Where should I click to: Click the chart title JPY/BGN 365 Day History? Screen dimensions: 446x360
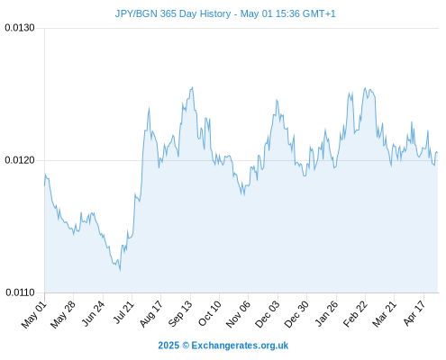(x=173, y=13)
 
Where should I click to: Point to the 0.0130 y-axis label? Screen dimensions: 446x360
(x=20, y=28)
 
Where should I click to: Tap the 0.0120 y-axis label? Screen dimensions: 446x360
(x=20, y=160)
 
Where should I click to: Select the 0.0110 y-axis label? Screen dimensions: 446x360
(x=20, y=292)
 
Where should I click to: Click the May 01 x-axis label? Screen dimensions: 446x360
(x=34, y=314)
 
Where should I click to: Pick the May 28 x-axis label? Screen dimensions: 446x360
(x=63, y=314)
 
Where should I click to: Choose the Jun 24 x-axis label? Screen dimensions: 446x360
(x=93, y=314)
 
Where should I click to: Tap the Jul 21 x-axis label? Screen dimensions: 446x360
(x=123, y=312)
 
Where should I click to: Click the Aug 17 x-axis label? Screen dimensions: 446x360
(x=151, y=314)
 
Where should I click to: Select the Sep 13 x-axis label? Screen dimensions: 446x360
(x=180, y=314)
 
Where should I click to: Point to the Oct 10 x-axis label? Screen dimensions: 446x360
(x=210, y=313)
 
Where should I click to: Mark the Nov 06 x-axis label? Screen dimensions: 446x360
(x=238, y=314)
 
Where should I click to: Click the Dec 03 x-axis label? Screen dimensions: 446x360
(x=267, y=314)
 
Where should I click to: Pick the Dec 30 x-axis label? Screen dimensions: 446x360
(x=296, y=314)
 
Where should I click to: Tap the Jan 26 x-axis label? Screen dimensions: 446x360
(x=326, y=314)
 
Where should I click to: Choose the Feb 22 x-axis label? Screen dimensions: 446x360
(x=355, y=314)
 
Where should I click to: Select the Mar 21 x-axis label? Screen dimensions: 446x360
(x=385, y=314)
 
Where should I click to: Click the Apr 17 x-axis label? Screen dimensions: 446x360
(x=414, y=313)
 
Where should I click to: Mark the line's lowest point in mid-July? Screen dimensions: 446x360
(x=120, y=271)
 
